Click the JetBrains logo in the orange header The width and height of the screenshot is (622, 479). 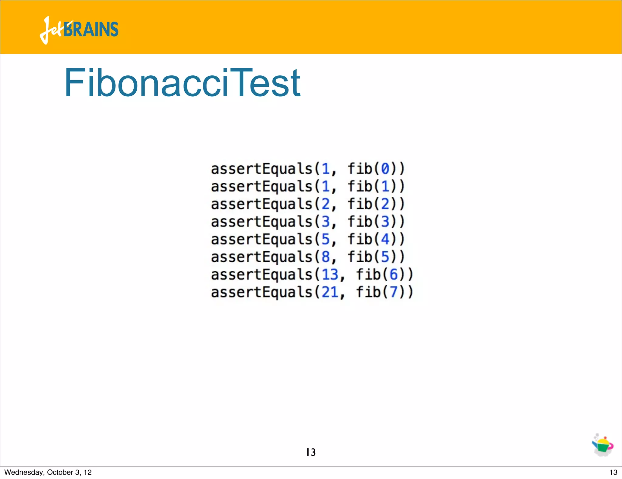point(79,30)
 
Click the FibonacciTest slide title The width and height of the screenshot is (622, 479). point(183,83)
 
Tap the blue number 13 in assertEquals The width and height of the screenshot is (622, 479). point(330,274)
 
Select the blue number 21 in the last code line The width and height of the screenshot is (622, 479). point(330,292)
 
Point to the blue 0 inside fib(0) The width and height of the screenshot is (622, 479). point(385,169)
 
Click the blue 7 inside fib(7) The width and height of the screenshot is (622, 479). point(394,292)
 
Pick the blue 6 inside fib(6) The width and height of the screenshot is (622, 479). point(394,274)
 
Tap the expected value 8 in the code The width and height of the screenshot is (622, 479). point(326,257)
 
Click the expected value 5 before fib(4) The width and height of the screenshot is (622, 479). point(326,239)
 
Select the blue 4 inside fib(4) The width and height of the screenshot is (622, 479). point(385,239)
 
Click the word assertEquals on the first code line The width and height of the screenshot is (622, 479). point(261,169)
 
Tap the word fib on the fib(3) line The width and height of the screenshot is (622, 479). point(360,222)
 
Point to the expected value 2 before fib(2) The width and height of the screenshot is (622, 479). point(326,204)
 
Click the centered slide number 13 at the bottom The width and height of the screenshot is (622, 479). point(311,452)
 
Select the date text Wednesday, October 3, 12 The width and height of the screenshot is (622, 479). point(48,472)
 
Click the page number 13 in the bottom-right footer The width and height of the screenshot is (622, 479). point(613,472)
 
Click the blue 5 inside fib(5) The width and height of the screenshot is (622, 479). point(385,257)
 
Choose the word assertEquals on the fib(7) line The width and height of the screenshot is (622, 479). point(261,292)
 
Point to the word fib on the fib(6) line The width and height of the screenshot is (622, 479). point(368,274)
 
